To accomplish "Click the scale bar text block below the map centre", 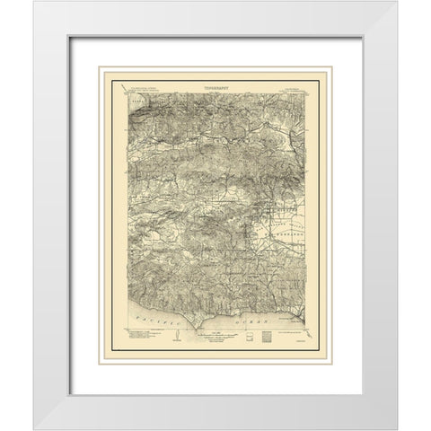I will click(x=213, y=337).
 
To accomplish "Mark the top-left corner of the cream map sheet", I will click(x=100, y=66).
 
